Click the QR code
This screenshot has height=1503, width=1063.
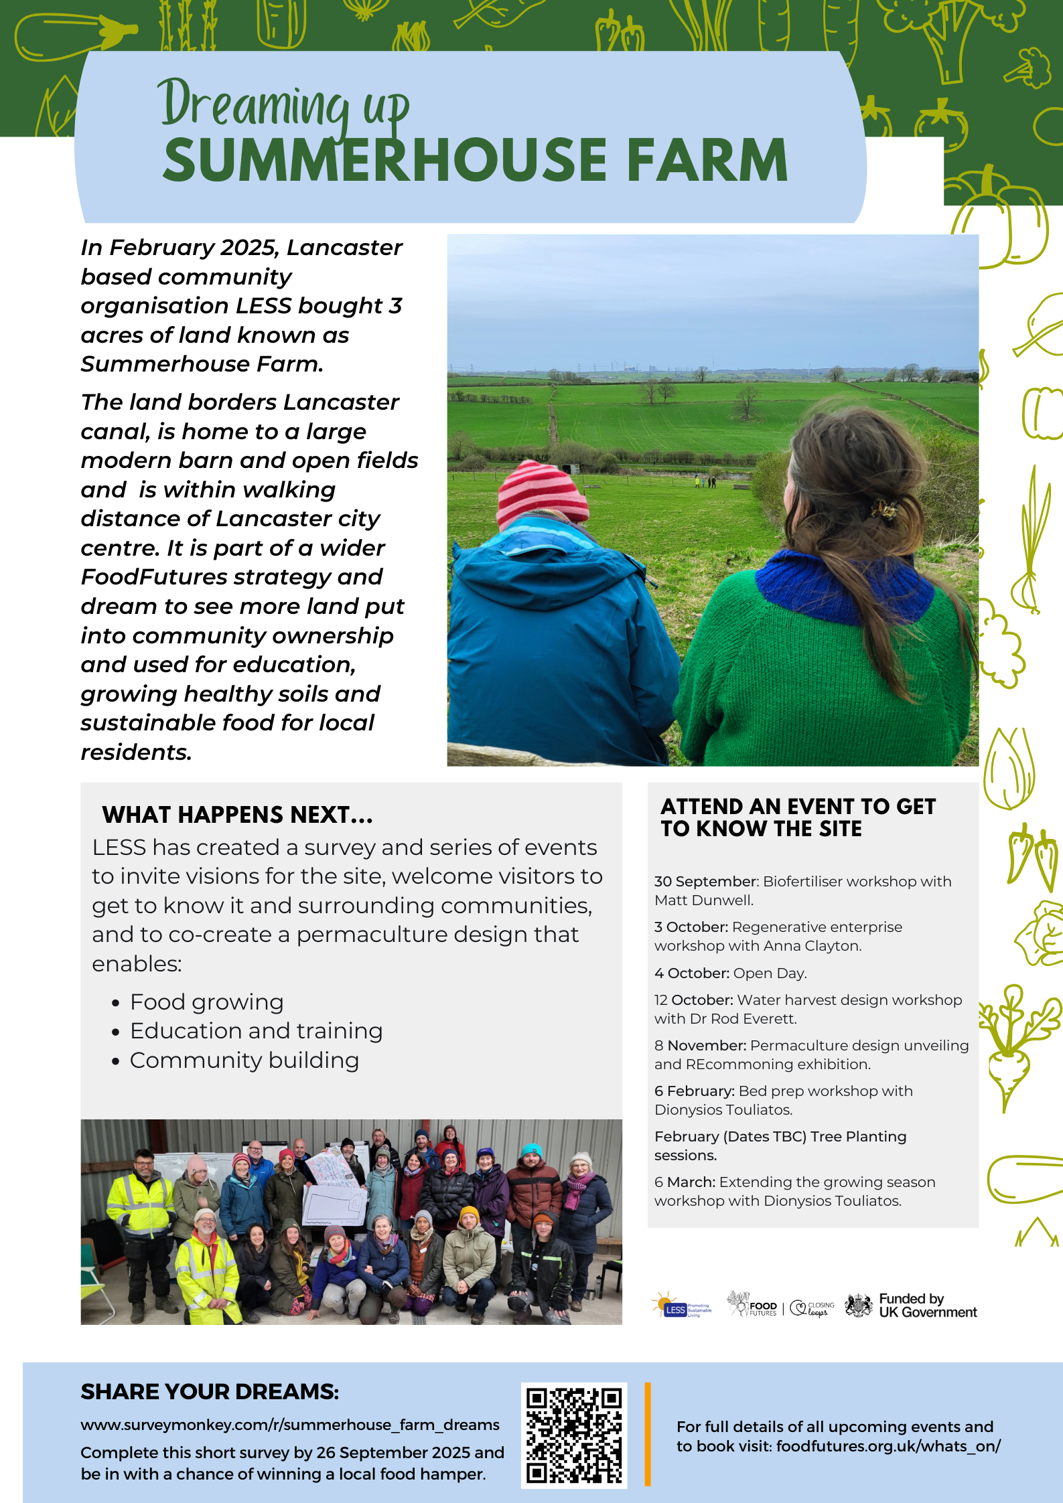click(x=573, y=1435)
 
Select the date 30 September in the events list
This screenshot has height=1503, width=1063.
click(x=705, y=881)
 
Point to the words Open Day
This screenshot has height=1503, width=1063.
click(x=770, y=973)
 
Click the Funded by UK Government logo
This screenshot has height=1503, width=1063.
click(x=911, y=1305)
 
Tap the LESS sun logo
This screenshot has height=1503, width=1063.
click(x=681, y=1305)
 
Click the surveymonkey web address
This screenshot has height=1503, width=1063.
click(x=289, y=1424)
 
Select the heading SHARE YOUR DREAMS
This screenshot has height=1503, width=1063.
click(x=210, y=1392)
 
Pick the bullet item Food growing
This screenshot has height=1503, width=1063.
click(x=206, y=1002)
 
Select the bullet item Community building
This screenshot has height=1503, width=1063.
click(x=244, y=1060)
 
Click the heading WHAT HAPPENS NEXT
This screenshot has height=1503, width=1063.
click(x=237, y=815)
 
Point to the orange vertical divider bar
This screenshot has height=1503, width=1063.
click(x=648, y=1434)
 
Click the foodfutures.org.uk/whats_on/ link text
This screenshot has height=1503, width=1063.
click(x=888, y=1446)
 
